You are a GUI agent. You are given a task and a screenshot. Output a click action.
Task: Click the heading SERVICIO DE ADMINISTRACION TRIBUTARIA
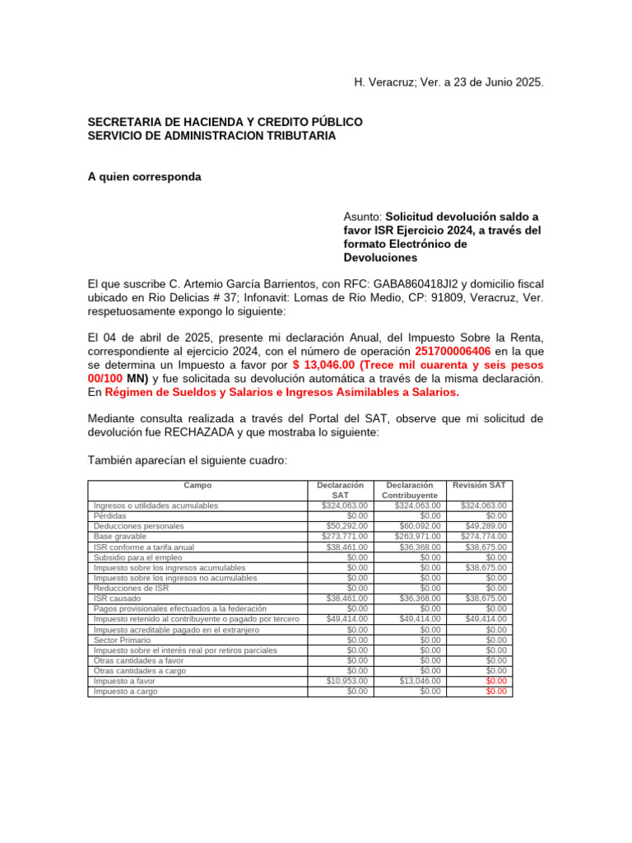point(211,136)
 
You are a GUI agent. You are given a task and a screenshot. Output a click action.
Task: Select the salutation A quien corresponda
point(144,177)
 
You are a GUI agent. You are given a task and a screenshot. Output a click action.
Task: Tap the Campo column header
point(197,486)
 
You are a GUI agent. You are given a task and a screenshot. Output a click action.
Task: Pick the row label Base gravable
point(120,536)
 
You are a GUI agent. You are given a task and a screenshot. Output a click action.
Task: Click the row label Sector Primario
point(120,640)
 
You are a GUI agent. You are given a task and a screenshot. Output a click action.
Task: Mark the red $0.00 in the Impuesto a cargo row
point(496,692)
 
